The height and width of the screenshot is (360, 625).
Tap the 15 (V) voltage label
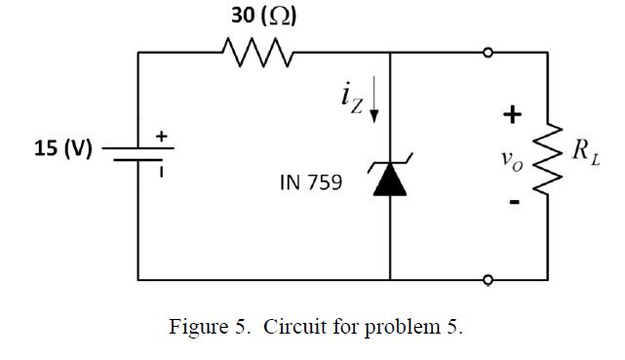click(62, 148)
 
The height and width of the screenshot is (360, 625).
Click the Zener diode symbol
click(390, 180)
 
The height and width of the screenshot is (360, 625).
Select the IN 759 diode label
click(310, 181)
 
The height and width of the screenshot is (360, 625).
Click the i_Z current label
click(351, 97)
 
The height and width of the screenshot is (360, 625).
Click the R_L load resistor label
click(581, 150)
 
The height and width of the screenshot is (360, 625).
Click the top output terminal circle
click(487, 52)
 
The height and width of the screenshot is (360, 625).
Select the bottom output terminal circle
click(487, 280)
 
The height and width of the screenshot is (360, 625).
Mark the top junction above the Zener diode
click(390, 52)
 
